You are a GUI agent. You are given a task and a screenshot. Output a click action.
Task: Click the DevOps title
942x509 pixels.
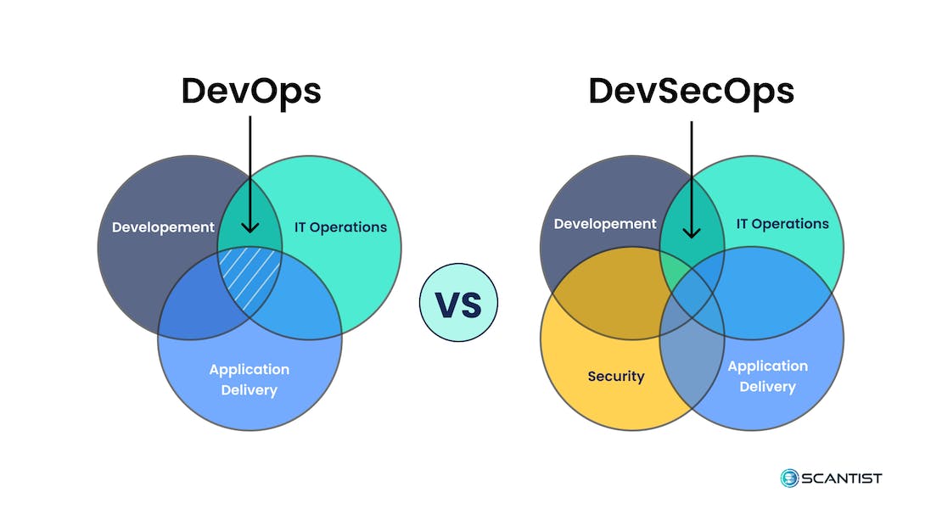[251, 91]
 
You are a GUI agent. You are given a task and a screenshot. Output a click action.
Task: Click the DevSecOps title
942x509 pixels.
[691, 91]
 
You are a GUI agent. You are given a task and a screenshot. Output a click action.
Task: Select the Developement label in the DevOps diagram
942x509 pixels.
[163, 227]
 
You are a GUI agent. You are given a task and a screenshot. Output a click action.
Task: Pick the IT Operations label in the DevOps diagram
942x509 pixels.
[340, 227]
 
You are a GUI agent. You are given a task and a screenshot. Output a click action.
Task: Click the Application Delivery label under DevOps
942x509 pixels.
[250, 379]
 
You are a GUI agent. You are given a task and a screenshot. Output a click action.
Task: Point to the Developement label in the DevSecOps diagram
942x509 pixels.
[605, 224]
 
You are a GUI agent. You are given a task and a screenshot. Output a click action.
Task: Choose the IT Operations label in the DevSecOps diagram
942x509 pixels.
[782, 224]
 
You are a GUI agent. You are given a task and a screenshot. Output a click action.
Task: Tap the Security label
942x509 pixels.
[616, 376]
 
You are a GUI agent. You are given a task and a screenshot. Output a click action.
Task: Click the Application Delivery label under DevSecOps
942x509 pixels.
[767, 376]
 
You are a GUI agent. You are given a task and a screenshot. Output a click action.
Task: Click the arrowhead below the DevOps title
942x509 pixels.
[250, 227]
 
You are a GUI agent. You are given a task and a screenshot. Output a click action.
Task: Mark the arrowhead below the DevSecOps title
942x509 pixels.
[692, 232]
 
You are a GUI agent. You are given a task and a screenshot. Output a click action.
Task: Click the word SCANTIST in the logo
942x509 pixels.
[844, 478]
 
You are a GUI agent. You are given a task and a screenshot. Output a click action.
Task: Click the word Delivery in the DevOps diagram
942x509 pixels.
[250, 390]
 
